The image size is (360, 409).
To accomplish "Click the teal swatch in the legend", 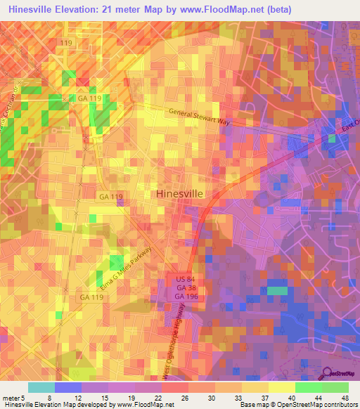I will [41, 387].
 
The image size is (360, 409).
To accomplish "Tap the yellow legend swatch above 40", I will [281, 387].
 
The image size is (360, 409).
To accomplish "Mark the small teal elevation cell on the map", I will [278, 290].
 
